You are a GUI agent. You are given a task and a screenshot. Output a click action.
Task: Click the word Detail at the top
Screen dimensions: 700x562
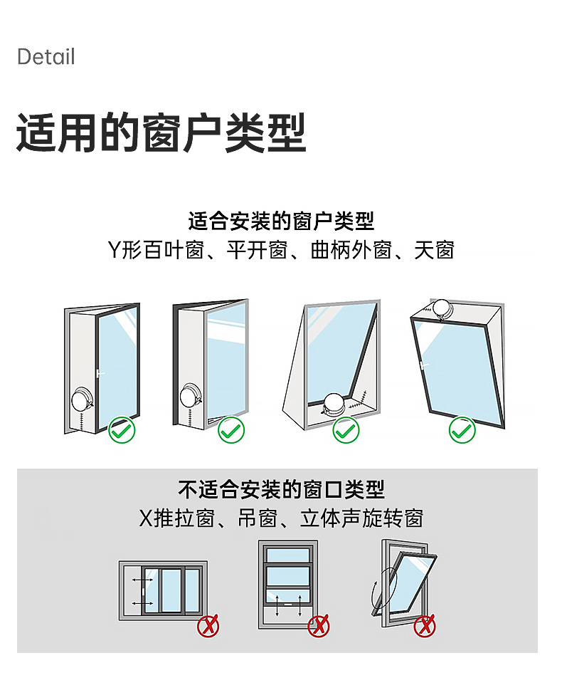(46, 57)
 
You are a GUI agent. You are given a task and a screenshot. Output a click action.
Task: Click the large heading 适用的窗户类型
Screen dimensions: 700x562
(161, 132)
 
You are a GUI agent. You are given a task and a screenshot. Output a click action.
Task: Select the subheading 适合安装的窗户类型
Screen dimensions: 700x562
(281, 221)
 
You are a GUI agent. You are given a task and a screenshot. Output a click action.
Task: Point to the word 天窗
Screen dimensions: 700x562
(434, 251)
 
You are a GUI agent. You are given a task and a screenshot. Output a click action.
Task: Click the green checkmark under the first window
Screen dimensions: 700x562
(122, 430)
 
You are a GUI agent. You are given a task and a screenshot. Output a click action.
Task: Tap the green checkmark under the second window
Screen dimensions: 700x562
(230, 430)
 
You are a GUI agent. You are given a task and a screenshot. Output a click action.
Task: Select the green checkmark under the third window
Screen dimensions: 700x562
(346, 430)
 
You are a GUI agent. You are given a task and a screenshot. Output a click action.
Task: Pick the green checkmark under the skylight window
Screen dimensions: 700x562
(462, 430)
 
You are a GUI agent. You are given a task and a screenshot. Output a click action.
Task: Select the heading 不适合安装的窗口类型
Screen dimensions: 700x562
(281, 489)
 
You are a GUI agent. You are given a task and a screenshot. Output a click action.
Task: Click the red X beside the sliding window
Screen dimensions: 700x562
(208, 626)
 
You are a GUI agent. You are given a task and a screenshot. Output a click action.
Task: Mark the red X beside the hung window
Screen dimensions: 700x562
(318, 626)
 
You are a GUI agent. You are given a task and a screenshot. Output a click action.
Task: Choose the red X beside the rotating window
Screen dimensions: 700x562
(425, 626)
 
